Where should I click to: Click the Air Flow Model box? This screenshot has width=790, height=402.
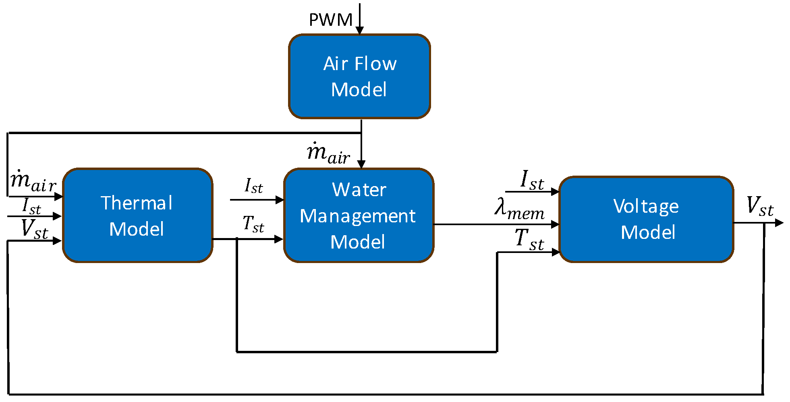(359, 77)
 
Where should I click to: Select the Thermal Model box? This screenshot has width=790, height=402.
(137, 216)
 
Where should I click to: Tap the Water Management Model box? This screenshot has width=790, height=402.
(359, 216)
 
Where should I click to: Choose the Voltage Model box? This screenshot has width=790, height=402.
(646, 220)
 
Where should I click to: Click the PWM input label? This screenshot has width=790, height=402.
(330, 20)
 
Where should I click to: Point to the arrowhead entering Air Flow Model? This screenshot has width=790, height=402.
(360, 31)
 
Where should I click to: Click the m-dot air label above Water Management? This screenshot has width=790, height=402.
(328, 153)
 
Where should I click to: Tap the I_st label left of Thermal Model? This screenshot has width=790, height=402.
(31, 206)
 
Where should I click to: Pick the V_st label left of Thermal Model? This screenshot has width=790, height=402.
(35, 229)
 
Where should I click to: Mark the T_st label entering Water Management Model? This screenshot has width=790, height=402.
(253, 224)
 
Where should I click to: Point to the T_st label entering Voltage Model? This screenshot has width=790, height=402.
(529, 239)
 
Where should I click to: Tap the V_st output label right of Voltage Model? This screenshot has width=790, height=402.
(760, 206)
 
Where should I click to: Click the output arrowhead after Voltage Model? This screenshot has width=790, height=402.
(779, 223)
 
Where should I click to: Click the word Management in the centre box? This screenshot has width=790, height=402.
(358, 216)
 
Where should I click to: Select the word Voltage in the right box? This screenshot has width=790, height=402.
(646, 207)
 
